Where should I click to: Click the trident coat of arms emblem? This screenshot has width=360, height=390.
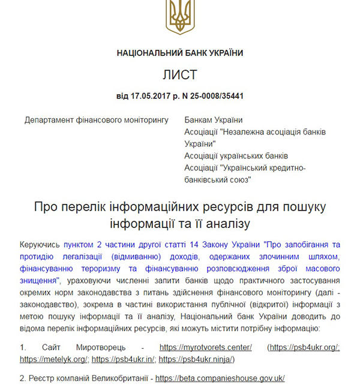click(179, 17)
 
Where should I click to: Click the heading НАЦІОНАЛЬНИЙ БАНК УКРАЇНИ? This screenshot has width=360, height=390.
click(180, 53)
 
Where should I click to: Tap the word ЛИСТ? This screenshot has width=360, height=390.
click(180, 75)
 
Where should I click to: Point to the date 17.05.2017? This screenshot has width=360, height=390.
click(150, 96)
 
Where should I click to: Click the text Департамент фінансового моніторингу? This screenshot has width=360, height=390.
click(97, 120)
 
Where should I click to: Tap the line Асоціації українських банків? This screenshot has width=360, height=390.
click(236, 155)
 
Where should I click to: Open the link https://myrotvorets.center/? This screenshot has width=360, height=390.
click(206, 347)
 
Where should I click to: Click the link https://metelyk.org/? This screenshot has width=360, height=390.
click(54, 359)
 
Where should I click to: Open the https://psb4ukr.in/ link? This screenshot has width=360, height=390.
click(123, 359)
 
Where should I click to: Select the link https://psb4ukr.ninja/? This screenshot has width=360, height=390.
click(195, 359)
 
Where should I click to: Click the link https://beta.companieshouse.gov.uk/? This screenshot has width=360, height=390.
click(220, 378)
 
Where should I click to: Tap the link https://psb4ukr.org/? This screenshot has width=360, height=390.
click(305, 347)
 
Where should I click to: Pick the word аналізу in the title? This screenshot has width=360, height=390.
click(220, 224)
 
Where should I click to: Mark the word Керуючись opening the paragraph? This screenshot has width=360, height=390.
click(40, 244)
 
